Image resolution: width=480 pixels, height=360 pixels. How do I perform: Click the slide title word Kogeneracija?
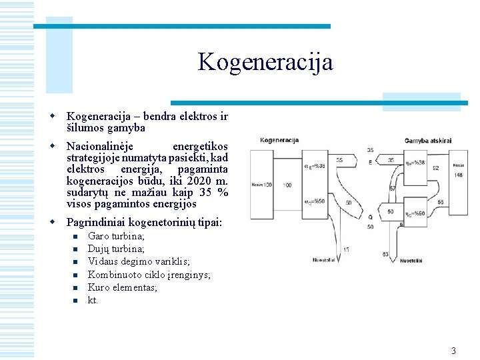265,63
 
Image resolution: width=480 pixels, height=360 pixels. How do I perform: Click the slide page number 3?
453,351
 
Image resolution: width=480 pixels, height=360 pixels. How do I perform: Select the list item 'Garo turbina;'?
116,236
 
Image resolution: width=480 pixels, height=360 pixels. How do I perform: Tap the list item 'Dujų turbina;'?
116,249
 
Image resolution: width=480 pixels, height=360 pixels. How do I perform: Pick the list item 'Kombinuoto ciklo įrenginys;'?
149,275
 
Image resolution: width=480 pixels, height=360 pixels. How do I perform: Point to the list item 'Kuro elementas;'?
123,287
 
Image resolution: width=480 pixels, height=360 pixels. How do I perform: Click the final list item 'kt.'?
93,300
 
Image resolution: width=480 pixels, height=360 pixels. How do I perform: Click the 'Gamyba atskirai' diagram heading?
427,141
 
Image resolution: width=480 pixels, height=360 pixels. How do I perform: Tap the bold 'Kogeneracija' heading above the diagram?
279,141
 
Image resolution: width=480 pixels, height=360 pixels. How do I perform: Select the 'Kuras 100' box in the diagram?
261,185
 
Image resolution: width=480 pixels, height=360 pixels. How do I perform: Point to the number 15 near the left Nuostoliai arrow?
346,249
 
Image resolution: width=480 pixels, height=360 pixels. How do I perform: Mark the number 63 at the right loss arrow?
385,254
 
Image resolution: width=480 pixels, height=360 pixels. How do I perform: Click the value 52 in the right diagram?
435,169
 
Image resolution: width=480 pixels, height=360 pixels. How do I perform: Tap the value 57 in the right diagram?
393,189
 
